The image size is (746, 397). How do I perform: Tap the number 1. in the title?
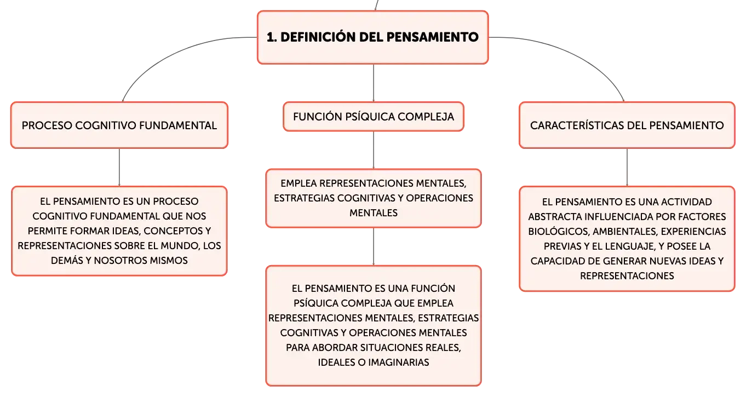tap(272, 37)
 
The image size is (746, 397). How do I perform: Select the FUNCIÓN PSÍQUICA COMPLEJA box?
tap(374, 117)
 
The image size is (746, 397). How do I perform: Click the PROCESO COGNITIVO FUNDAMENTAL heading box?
tap(119, 125)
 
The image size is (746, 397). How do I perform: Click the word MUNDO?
tap(178, 246)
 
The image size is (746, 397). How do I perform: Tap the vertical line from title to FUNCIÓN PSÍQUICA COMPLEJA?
tap(374, 83)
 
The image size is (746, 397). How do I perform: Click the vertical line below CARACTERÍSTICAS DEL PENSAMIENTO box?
tap(627, 167)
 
